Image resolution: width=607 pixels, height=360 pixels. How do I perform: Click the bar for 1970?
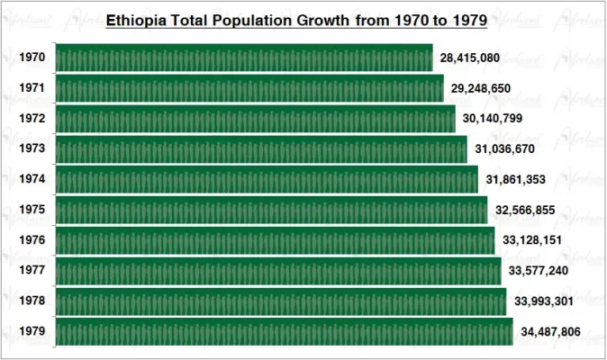pyautogui.click(x=244, y=58)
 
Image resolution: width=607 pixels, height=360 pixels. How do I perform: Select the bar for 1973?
pyautogui.click(x=261, y=148)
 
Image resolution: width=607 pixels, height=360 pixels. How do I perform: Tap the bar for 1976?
pyautogui.click(x=275, y=240)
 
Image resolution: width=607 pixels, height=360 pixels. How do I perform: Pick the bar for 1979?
pyautogui.click(x=284, y=331)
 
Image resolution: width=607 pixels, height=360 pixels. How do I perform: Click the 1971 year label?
pyautogui.click(x=32, y=88)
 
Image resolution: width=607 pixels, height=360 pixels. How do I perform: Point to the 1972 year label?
pyautogui.click(x=32, y=119)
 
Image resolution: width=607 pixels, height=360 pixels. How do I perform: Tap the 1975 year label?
pyautogui.click(x=32, y=211)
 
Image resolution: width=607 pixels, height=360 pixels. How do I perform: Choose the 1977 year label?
pyautogui.click(x=32, y=271)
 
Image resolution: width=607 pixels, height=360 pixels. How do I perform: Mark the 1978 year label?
pyautogui.click(x=32, y=301)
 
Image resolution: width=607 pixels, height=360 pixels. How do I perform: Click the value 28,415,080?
pyautogui.click(x=469, y=58)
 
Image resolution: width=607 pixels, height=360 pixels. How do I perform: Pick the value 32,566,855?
pyautogui.click(x=525, y=211)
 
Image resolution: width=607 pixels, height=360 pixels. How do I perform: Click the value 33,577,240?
pyautogui.click(x=539, y=271)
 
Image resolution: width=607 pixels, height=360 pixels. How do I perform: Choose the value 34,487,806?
pyautogui.click(x=550, y=332)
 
